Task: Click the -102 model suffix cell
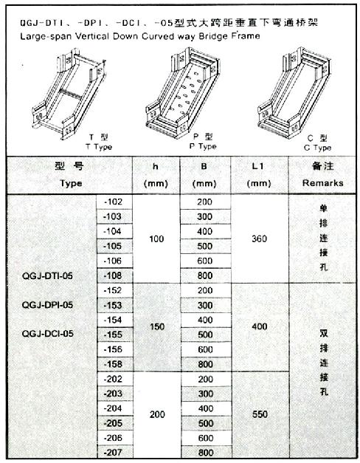113,202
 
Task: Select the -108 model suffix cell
113,275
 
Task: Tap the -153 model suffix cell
113,305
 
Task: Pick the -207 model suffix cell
114,453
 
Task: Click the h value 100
156,239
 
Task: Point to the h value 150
157,326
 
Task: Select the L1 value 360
260,239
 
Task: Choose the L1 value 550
260,414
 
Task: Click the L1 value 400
260,326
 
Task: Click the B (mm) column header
204,175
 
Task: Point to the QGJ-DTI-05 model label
47,276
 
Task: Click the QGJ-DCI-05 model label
47,334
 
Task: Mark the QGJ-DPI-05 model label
47,305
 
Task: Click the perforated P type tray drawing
182,92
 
